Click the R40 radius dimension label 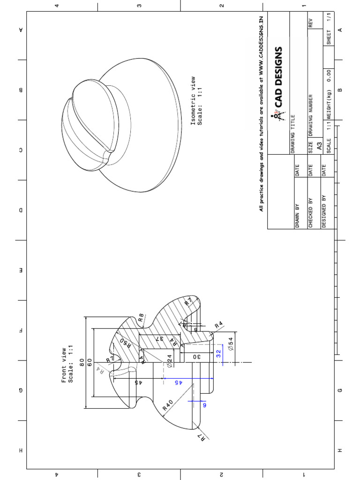pyautogui.click(x=168, y=405)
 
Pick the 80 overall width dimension pyautogui.click(x=82, y=362)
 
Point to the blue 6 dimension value pyautogui.click(x=204, y=405)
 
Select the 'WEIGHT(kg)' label pyautogui.click(x=330, y=105)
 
